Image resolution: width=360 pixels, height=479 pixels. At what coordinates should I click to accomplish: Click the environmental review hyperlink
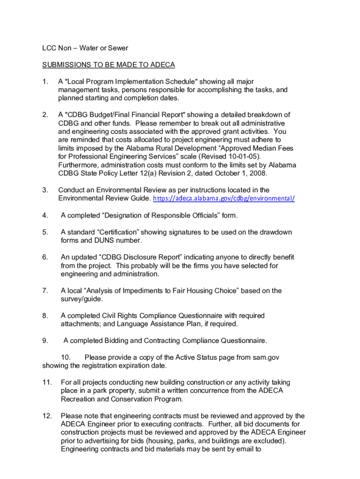224,198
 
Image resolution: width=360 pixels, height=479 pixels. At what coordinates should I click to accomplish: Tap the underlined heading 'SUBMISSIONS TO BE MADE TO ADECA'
108,65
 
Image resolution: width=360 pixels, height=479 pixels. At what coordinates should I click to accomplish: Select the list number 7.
45,291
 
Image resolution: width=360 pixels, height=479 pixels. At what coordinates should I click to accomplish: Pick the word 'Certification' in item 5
117,232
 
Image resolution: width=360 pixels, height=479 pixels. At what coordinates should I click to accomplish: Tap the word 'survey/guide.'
81,299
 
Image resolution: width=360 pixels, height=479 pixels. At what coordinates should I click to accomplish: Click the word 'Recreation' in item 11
78,399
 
